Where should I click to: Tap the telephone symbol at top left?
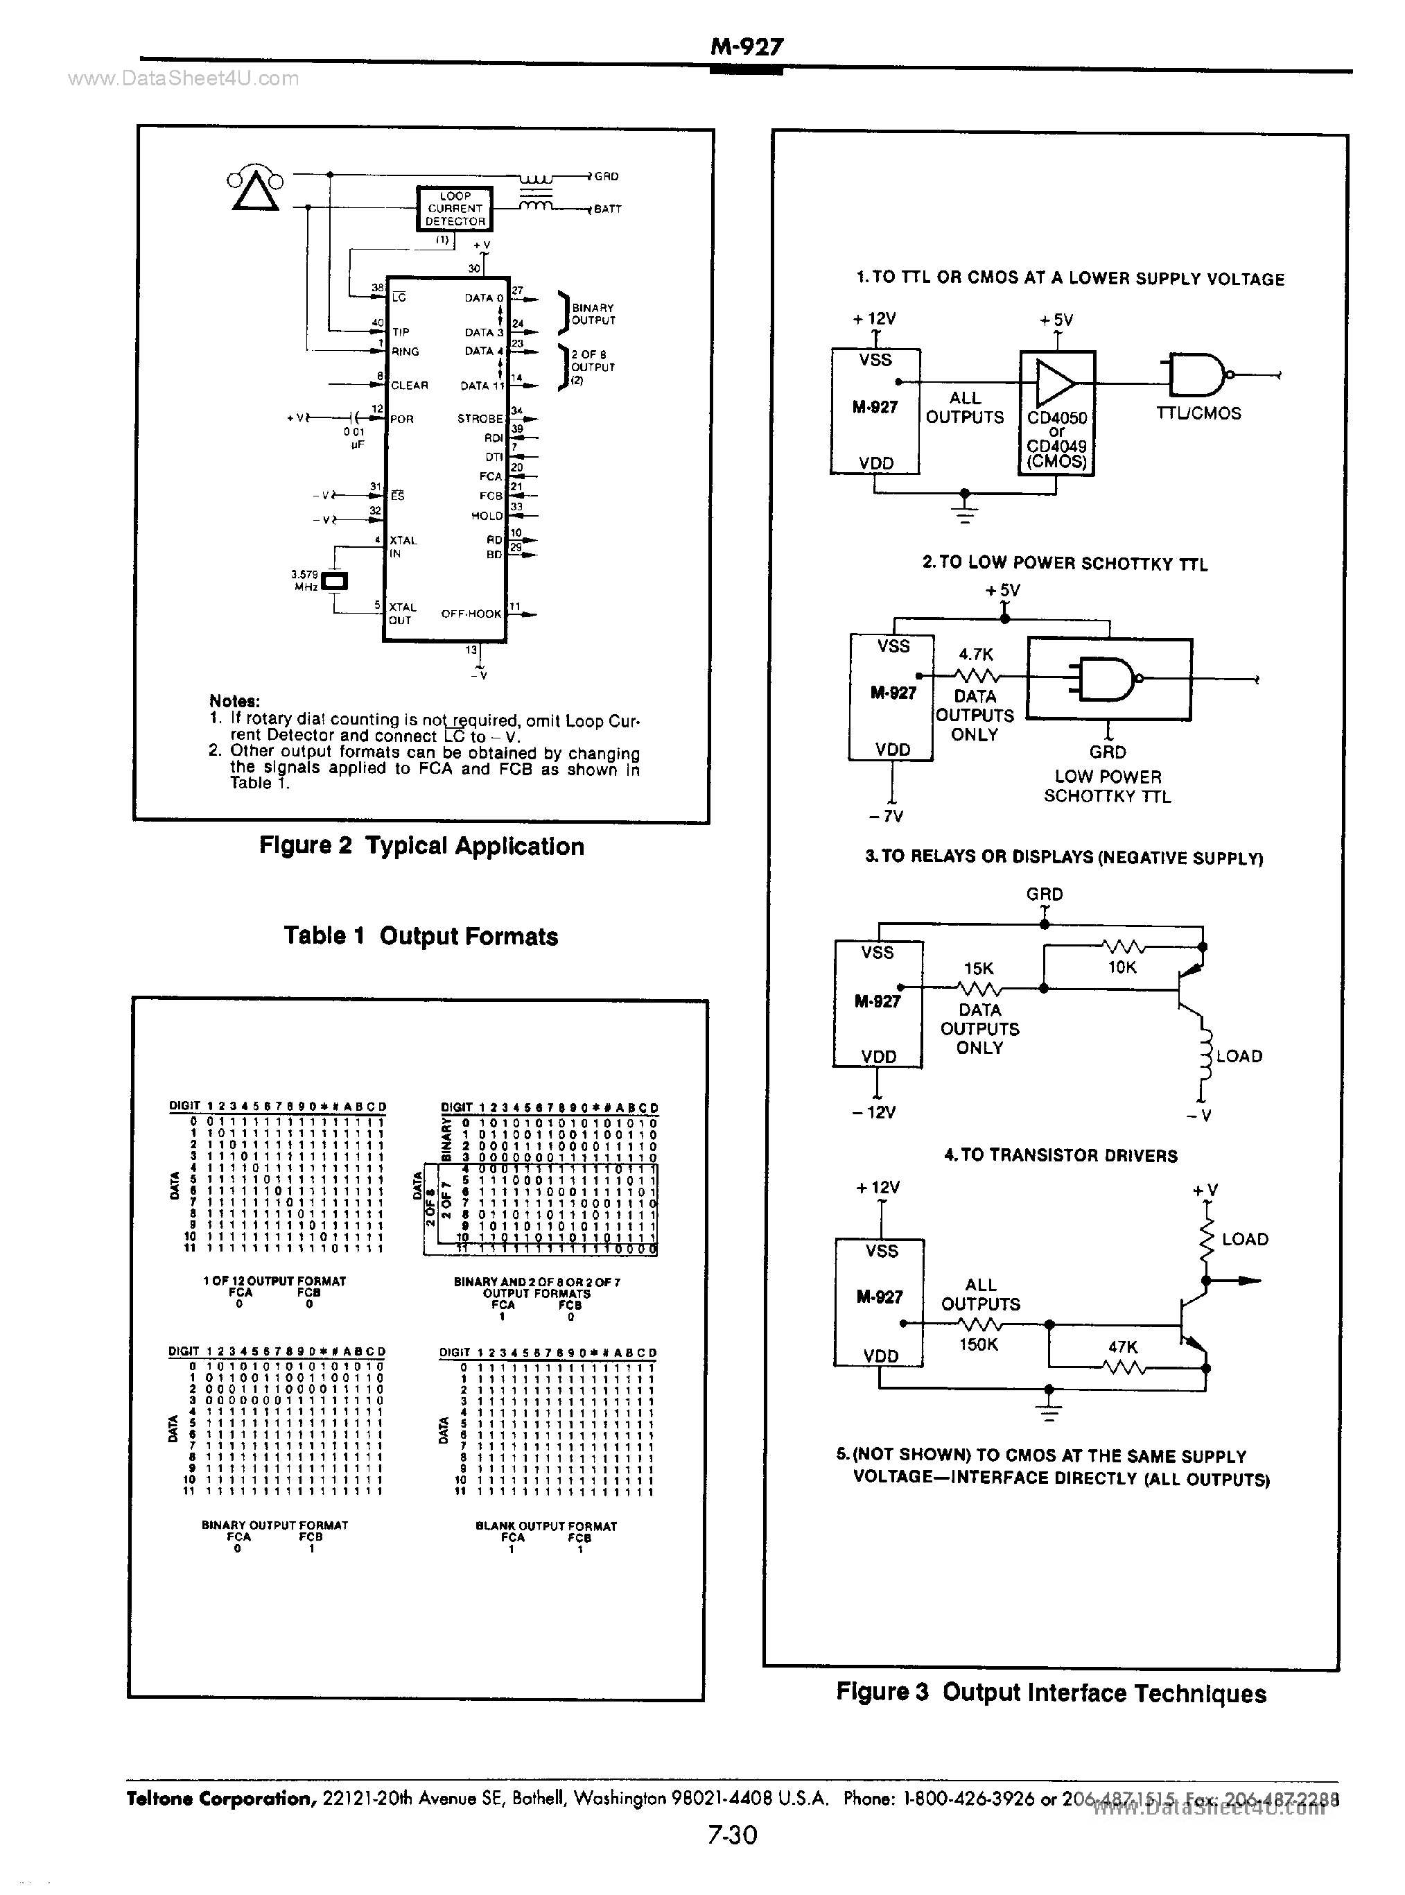tap(254, 189)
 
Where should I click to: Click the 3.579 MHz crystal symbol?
tap(337, 582)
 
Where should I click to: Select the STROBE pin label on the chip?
tap(480, 419)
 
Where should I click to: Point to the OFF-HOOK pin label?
tap(471, 613)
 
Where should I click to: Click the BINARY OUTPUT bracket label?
tap(593, 314)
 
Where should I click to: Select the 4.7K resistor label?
tap(975, 654)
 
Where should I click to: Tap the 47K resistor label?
tap(1123, 1347)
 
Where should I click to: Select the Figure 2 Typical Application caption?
tap(422, 847)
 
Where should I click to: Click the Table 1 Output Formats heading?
tap(421, 937)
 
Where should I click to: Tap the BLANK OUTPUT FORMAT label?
tap(546, 1526)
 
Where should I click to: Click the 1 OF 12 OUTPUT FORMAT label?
tap(274, 1281)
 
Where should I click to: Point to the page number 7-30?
tap(731, 1835)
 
